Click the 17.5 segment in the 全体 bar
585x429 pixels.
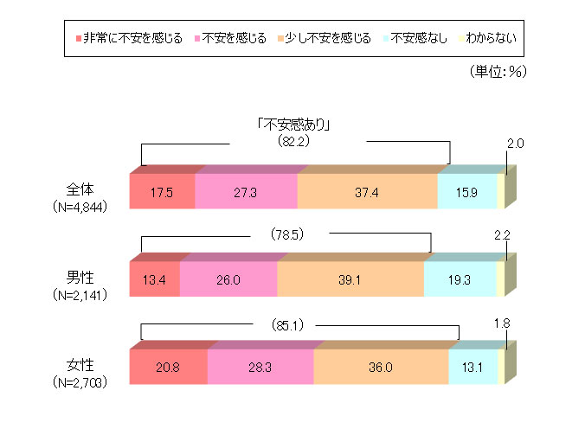[162, 191]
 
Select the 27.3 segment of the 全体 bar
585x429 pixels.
[246, 191]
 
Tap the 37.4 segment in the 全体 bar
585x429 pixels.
[367, 191]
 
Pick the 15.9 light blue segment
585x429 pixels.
[467, 191]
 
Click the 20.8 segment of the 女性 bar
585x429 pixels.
[168, 367]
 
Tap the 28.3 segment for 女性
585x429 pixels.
[260, 367]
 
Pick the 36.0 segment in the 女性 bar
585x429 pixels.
[381, 367]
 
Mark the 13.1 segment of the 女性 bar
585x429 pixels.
[473, 367]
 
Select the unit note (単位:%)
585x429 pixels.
[497, 72]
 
